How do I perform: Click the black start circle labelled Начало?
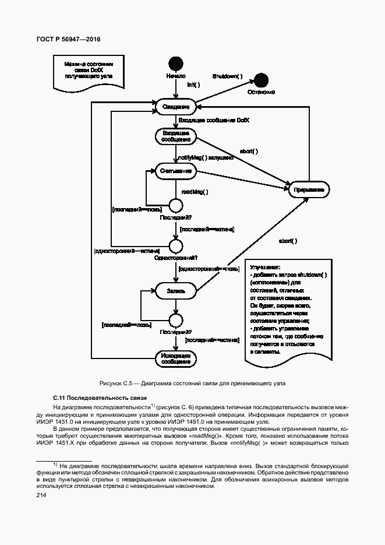[175, 64]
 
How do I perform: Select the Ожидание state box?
[175, 107]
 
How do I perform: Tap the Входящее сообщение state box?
[175, 136]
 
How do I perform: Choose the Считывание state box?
[175, 170]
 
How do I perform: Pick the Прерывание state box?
[309, 190]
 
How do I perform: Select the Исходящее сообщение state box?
[175, 358]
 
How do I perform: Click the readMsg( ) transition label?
[195, 191]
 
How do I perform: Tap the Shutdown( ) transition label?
[227, 76]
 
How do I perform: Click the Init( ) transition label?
[193, 85]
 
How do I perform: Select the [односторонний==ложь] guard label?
[209, 269]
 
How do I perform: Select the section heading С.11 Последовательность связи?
[100, 397]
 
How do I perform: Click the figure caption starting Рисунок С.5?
[192, 383]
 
